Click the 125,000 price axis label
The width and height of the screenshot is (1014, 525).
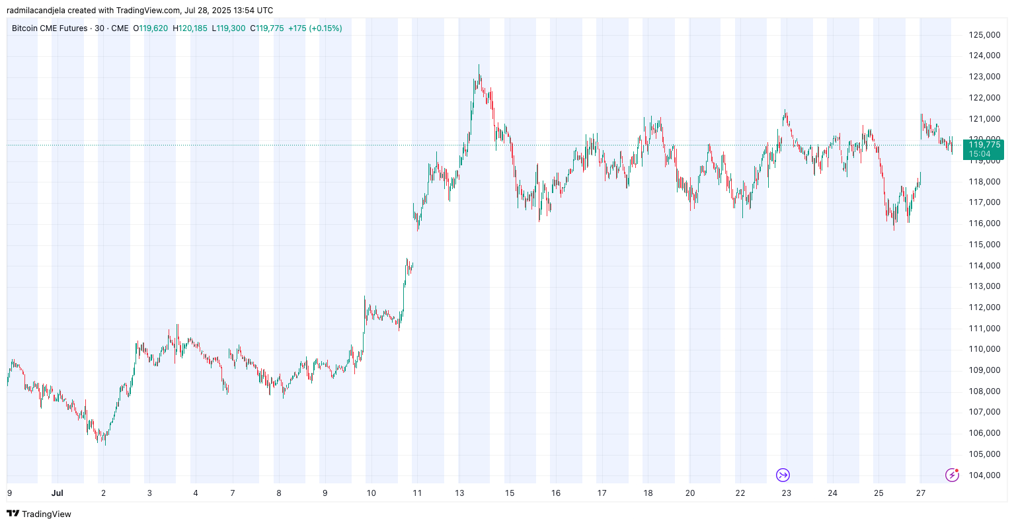984,34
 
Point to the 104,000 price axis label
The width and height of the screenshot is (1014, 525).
984,475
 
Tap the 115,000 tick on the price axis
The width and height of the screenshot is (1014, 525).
984,245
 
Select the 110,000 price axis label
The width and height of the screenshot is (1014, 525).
984,349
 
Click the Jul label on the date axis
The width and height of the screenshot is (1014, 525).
58,493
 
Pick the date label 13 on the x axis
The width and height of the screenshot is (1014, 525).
459,493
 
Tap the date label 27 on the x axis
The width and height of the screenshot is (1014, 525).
921,493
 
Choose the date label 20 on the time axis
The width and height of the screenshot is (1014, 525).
690,493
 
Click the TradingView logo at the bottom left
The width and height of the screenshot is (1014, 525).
39,514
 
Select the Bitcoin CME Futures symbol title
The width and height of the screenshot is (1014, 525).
50,28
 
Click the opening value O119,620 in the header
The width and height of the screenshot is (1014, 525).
151,28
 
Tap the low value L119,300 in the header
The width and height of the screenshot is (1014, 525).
229,28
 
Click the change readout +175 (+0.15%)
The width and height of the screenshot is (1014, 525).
315,28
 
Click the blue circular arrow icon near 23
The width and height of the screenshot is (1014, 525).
783,475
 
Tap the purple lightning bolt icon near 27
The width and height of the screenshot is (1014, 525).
952,475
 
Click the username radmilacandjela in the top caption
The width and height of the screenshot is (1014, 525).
36,11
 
